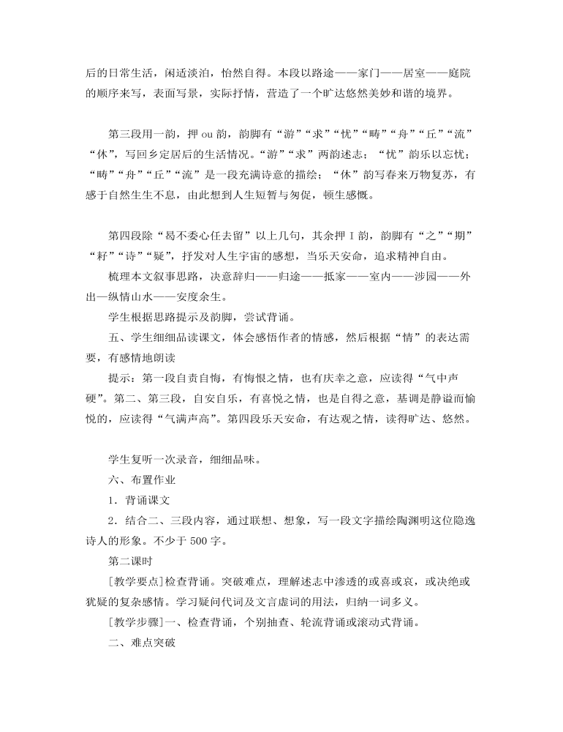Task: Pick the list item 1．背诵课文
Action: point(138,501)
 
